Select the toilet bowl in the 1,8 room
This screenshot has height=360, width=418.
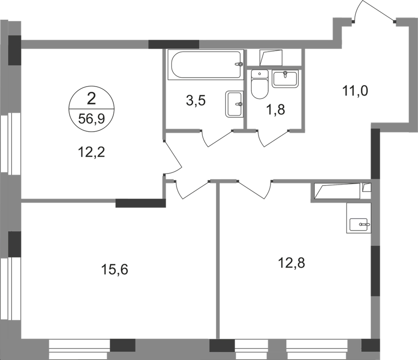pyautogui.click(x=260, y=86)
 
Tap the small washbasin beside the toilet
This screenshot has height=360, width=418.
pyautogui.click(x=286, y=78)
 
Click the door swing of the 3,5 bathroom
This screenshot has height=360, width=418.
pyautogui.click(x=216, y=138)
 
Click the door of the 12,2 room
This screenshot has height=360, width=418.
pyautogui.click(x=173, y=157)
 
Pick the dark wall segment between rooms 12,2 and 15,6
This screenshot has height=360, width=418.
pyautogui.click(x=141, y=203)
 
